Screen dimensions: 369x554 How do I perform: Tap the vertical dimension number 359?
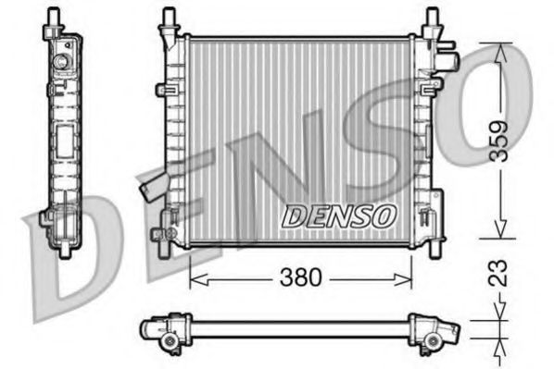tap(499, 141)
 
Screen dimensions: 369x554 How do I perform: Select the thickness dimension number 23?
tap(499, 275)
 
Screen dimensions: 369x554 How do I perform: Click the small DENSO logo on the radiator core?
tap(339, 216)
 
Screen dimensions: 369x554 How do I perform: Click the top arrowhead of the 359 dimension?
tap(499, 52)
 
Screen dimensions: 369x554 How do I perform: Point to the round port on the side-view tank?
tap(62, 62)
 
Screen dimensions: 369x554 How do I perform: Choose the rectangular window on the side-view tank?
tap(65, 144)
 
